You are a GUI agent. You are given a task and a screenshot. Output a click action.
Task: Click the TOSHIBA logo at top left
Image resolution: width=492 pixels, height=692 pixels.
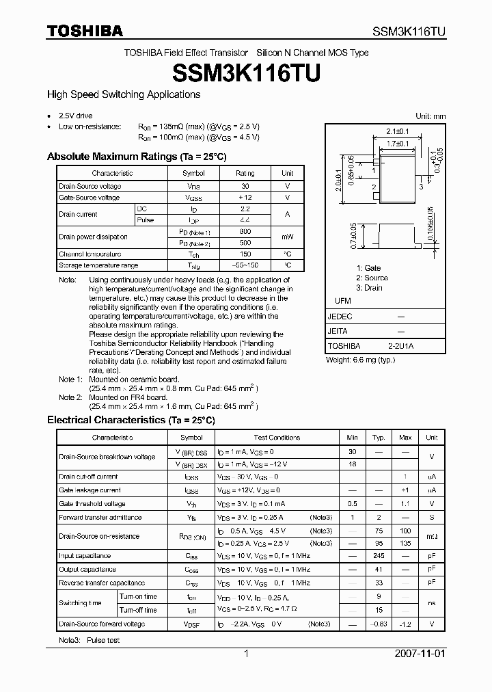pos(85,31)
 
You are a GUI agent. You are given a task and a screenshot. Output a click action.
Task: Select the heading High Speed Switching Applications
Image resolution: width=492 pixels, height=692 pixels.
pos(123,94)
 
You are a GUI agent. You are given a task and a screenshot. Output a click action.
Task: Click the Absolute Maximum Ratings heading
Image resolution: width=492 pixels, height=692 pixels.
pos(136,157)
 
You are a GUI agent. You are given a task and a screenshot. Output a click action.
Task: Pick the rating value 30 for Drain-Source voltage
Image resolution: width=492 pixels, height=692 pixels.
pos(245,186)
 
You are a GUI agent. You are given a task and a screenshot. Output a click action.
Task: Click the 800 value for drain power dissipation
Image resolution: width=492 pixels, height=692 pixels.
pos(245,232)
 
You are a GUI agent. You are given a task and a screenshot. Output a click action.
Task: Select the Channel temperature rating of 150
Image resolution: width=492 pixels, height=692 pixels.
pos(245,254)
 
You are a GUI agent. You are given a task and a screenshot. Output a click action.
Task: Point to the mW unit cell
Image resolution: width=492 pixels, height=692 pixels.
pos(288,237)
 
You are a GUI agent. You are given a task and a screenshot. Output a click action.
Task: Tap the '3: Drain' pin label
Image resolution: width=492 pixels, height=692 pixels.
pos(369,288)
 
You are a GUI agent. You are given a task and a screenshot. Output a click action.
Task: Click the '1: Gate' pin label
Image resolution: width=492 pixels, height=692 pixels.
pos(368,268)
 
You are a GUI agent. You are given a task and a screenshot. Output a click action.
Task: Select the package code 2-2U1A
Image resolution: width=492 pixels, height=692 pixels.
pos(400,346)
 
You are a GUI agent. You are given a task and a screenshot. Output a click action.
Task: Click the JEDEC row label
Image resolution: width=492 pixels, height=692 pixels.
pos(340,317)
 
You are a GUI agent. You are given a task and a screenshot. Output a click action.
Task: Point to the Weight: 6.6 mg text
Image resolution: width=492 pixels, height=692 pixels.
pos(360,360)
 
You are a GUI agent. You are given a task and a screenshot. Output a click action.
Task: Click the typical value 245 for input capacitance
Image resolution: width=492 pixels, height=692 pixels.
pos(379,556)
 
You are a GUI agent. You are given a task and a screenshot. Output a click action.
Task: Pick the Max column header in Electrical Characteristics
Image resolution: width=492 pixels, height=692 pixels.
pos(405,437)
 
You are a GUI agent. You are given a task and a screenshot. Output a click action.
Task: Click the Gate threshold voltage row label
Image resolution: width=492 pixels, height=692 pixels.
pos(92,504)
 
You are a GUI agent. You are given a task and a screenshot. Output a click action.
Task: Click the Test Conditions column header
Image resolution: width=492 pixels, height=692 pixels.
pos(277,437)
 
